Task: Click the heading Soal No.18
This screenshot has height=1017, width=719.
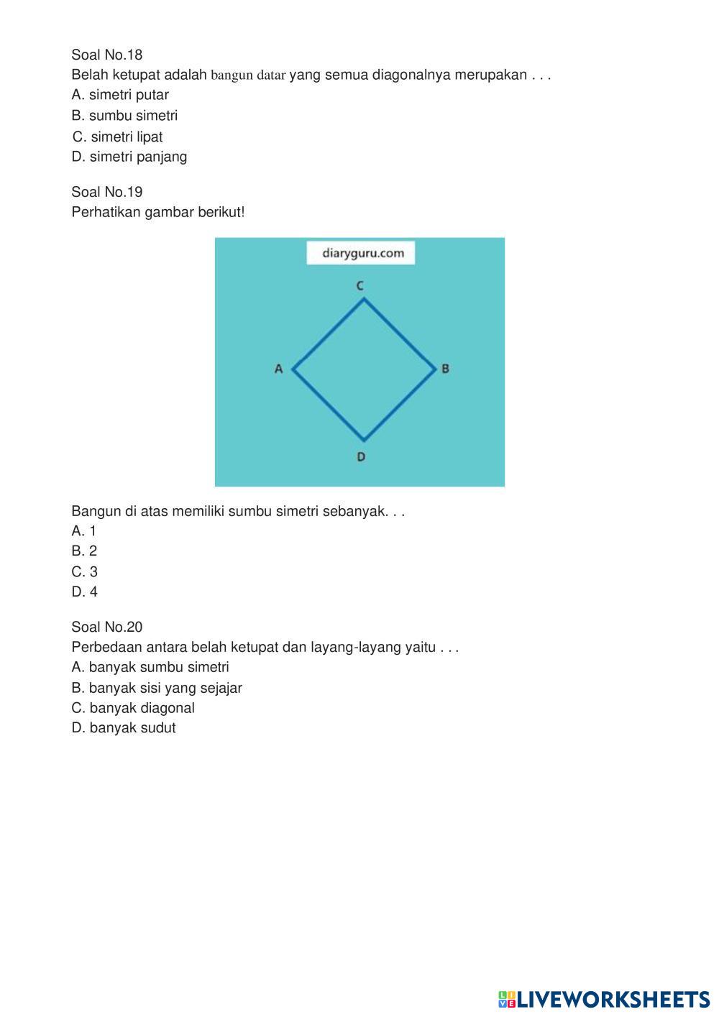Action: pyautogui.click(x=107, y=55)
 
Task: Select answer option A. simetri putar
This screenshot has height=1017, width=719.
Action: pyautogui.click(x=120, y=95)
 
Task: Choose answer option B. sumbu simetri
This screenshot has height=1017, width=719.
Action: pyautogui.click(x=124, y=116)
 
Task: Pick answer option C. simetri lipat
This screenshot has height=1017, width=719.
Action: pyautogui.click(x=118, y=137)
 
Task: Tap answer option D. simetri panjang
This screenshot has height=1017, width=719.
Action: pyautogui.click(x=129, y=157)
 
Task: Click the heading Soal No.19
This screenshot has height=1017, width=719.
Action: pyautogui.click(x=107, y=192)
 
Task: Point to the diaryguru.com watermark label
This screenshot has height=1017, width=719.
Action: pyautogui.click(x=360, y=253)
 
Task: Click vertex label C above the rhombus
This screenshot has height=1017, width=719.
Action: pyautogui.click(x=360, y=286)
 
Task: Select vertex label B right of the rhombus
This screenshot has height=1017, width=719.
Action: pyautogui.click(x=445, y=369)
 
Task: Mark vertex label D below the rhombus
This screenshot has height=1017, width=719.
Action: pyautogui.click(x=361, y=456)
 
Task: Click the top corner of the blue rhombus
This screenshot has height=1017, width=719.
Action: pyautogui.click(x=364, y=299)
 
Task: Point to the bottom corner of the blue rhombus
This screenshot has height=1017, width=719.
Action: pyautogui.click(x=364, y=440)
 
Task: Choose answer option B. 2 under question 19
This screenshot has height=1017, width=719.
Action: pyautogui.click(x=84, y=551)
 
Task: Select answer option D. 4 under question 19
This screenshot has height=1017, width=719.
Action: pyautogui.click(x=84, y=592)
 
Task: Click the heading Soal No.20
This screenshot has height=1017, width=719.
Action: pyautogui.click(x=107, y=627)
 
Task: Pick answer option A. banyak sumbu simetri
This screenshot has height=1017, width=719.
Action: pyautogui.click(x=150, y=667)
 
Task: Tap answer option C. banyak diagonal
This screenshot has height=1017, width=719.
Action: pyautogui.click(x=133, y=708)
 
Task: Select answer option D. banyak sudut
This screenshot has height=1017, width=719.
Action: pyautogui.click(x=124, y=728)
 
